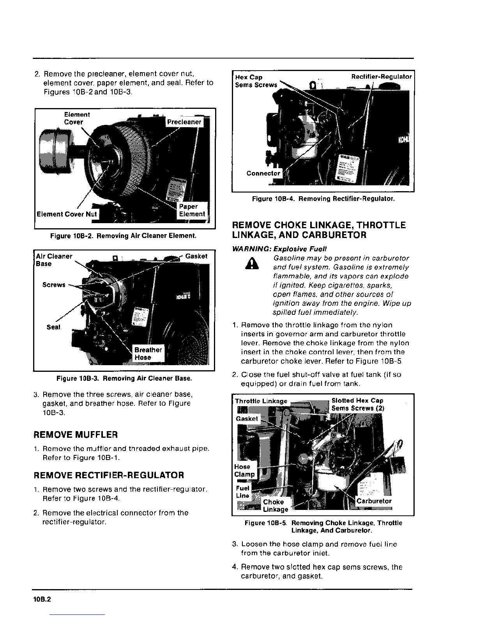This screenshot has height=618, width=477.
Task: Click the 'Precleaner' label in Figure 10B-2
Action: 184,122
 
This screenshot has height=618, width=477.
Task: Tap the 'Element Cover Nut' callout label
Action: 67,214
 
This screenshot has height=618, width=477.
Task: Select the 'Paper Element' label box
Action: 191,210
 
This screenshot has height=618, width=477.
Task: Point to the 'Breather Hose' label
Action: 148,353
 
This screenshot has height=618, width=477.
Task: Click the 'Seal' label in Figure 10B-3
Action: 53,327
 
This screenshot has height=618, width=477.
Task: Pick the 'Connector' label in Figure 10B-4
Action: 263,173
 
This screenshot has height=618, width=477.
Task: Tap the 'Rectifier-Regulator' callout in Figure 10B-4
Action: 381,77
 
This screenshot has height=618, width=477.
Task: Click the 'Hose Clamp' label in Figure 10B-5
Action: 244,471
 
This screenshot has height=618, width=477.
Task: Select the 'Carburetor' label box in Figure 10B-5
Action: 374,501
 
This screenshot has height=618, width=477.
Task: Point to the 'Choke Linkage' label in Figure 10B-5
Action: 275,506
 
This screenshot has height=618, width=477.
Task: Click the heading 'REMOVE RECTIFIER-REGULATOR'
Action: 109,475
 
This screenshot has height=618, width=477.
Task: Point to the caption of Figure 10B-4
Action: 323,199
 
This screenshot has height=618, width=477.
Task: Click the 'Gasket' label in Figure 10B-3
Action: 196,256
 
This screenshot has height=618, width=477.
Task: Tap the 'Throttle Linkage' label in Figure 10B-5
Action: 261,401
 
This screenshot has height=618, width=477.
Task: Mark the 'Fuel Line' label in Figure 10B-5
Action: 242,492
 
